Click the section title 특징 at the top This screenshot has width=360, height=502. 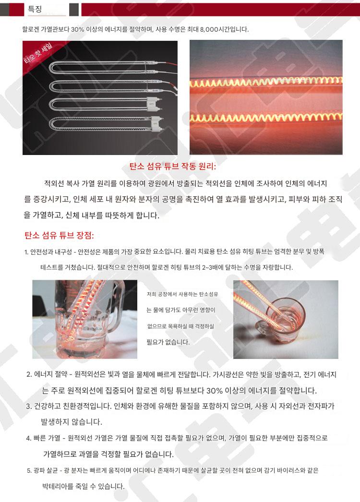(35, 9)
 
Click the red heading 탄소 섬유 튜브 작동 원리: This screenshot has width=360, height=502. (173, 166)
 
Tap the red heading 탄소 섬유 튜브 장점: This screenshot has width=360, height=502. (59, 236)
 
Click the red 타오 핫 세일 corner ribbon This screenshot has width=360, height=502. (38, 52)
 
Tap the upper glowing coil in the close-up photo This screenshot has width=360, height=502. (266, 82)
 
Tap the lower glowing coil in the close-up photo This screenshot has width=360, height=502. (266, 117)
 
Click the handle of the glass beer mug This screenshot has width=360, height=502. (120, 307)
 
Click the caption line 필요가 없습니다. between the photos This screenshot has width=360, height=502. (168, 342)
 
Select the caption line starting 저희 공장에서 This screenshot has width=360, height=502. (182, 294)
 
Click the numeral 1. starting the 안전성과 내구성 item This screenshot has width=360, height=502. (26, 252)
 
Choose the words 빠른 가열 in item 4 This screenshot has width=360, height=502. (47, 438)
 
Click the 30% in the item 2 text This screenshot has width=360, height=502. (214, 390)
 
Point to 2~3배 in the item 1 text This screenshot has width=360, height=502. (210, 267)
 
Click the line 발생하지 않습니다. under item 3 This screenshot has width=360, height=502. (72, 422)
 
